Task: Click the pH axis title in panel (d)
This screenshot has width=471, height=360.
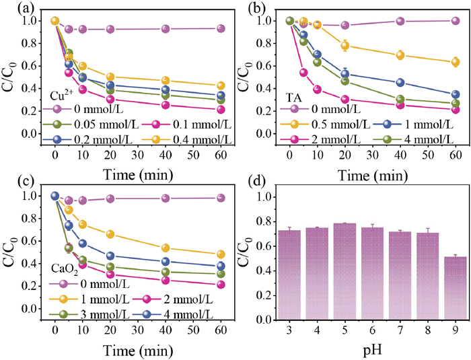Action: click(x=369, y=351)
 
